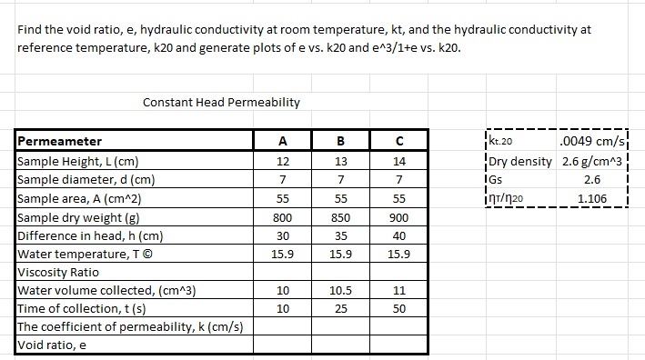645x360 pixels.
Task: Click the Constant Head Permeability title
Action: pos(222,103)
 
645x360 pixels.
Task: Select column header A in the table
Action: pos(283,141)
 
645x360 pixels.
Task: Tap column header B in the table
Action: pos(339,141)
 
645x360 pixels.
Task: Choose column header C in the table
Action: pos(398,141)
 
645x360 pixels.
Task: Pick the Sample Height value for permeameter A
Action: pos(283,161)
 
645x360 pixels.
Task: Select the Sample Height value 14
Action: pos(398,161)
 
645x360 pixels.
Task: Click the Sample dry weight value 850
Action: pos(339,217)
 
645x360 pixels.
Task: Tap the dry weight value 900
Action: pos(398,217)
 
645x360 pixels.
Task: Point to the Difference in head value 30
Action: pos(283,235)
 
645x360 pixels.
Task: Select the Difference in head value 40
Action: pos(398,235)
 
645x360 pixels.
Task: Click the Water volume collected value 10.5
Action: pos(339,291)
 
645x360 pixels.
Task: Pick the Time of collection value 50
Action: pos(398,309)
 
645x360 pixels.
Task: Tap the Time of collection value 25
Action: pos(339,309)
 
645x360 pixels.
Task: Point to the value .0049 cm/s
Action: pos(592,141)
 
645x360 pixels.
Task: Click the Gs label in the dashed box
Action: pos(495,179)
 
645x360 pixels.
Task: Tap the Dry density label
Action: pos(520,161)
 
